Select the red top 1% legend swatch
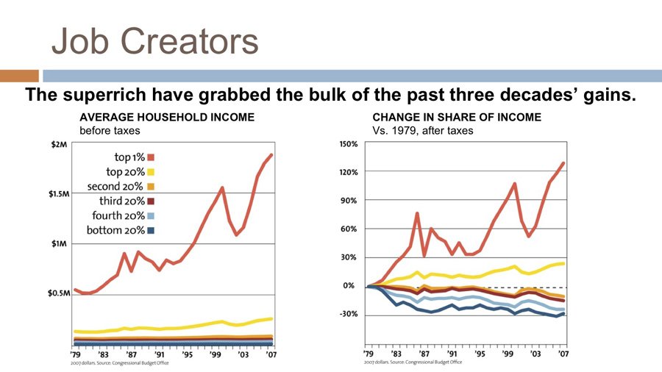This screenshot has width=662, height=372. (x=150, y=157)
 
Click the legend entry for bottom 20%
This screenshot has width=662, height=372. (x=116, y=231)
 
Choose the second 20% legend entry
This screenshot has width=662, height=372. (x=116, y=186)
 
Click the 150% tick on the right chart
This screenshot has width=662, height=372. (x=348, y=144)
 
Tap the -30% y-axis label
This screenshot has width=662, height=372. (x=348, y=315)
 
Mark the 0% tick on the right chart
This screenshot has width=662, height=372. (x=351, y=286)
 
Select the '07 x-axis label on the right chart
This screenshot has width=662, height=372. (x=563, y=354)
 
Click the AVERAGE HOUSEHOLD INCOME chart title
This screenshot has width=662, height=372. (x=167, y=117)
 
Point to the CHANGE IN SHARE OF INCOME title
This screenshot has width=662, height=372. (x=457, y=117)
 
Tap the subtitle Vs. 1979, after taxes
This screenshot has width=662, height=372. (x=423, y=130)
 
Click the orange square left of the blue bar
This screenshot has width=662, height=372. (x=19, y=76)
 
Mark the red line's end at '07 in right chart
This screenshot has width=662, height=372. (x=563, y=163)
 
